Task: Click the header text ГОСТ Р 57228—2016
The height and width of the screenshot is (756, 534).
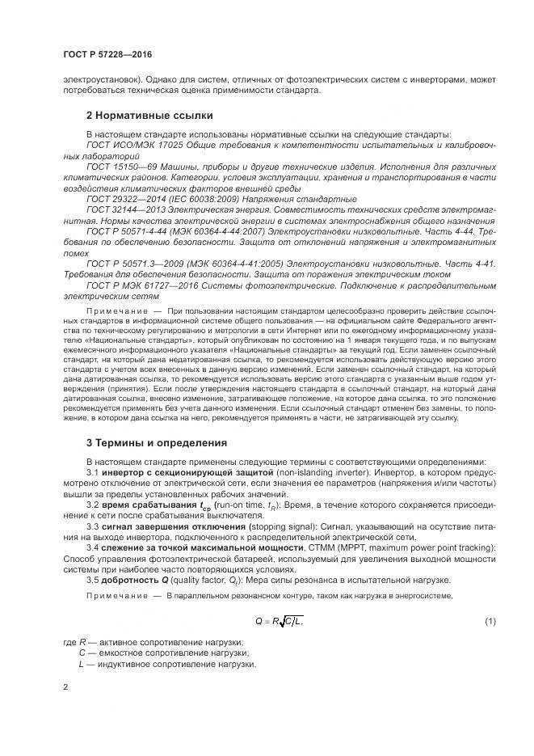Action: pyautogui.click(x=107, y=54)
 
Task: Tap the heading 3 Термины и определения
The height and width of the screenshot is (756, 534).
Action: pyautogui.click(x=156, y=442)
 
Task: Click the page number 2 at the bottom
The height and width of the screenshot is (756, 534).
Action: pyautogui.click(x=65, y=687)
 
